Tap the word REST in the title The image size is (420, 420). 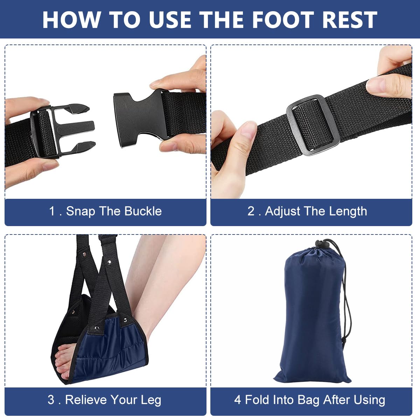coord(350,20)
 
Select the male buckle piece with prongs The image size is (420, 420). coord(63,129)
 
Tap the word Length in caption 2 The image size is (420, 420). coord(348,211)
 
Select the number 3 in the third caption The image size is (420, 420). coord(51,400)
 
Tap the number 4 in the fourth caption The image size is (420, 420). coord(238,400)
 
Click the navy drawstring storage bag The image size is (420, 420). coord(311,315)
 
